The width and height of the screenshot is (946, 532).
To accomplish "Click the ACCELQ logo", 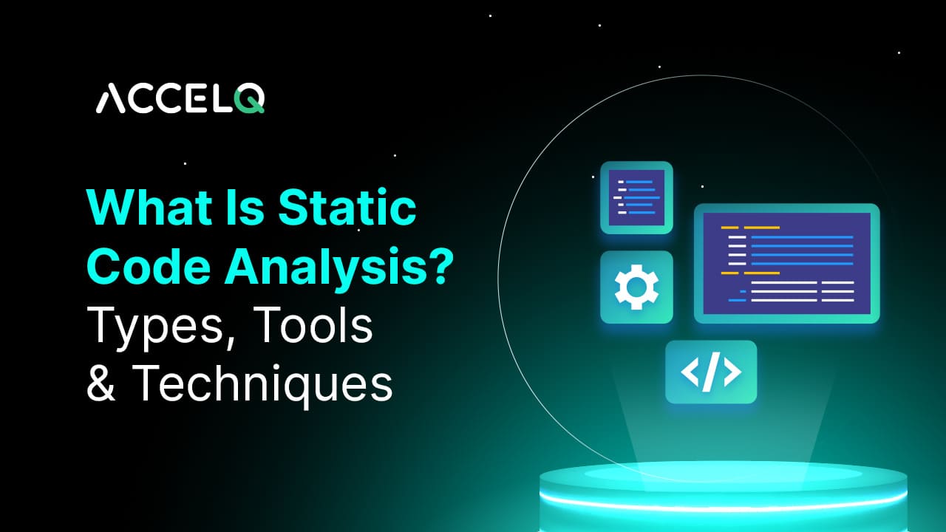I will pos(180,99).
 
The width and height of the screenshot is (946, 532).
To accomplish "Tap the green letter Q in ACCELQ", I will pos(251,99).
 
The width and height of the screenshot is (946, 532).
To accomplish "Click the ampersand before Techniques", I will pos(101,384).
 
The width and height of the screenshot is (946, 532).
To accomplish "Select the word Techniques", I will pos(263,384).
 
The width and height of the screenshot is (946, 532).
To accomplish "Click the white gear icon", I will pos(636,287).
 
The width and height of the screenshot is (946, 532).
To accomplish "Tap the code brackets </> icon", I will pos(710,372).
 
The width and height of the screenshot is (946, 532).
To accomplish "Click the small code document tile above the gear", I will pos(636,197).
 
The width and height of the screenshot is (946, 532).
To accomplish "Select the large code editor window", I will pos(786,263).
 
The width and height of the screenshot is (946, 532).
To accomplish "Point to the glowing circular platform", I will pos(723,491).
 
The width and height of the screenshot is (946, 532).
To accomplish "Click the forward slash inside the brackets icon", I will pos(710,372).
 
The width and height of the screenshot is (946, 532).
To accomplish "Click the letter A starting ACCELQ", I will pos(110,100).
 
